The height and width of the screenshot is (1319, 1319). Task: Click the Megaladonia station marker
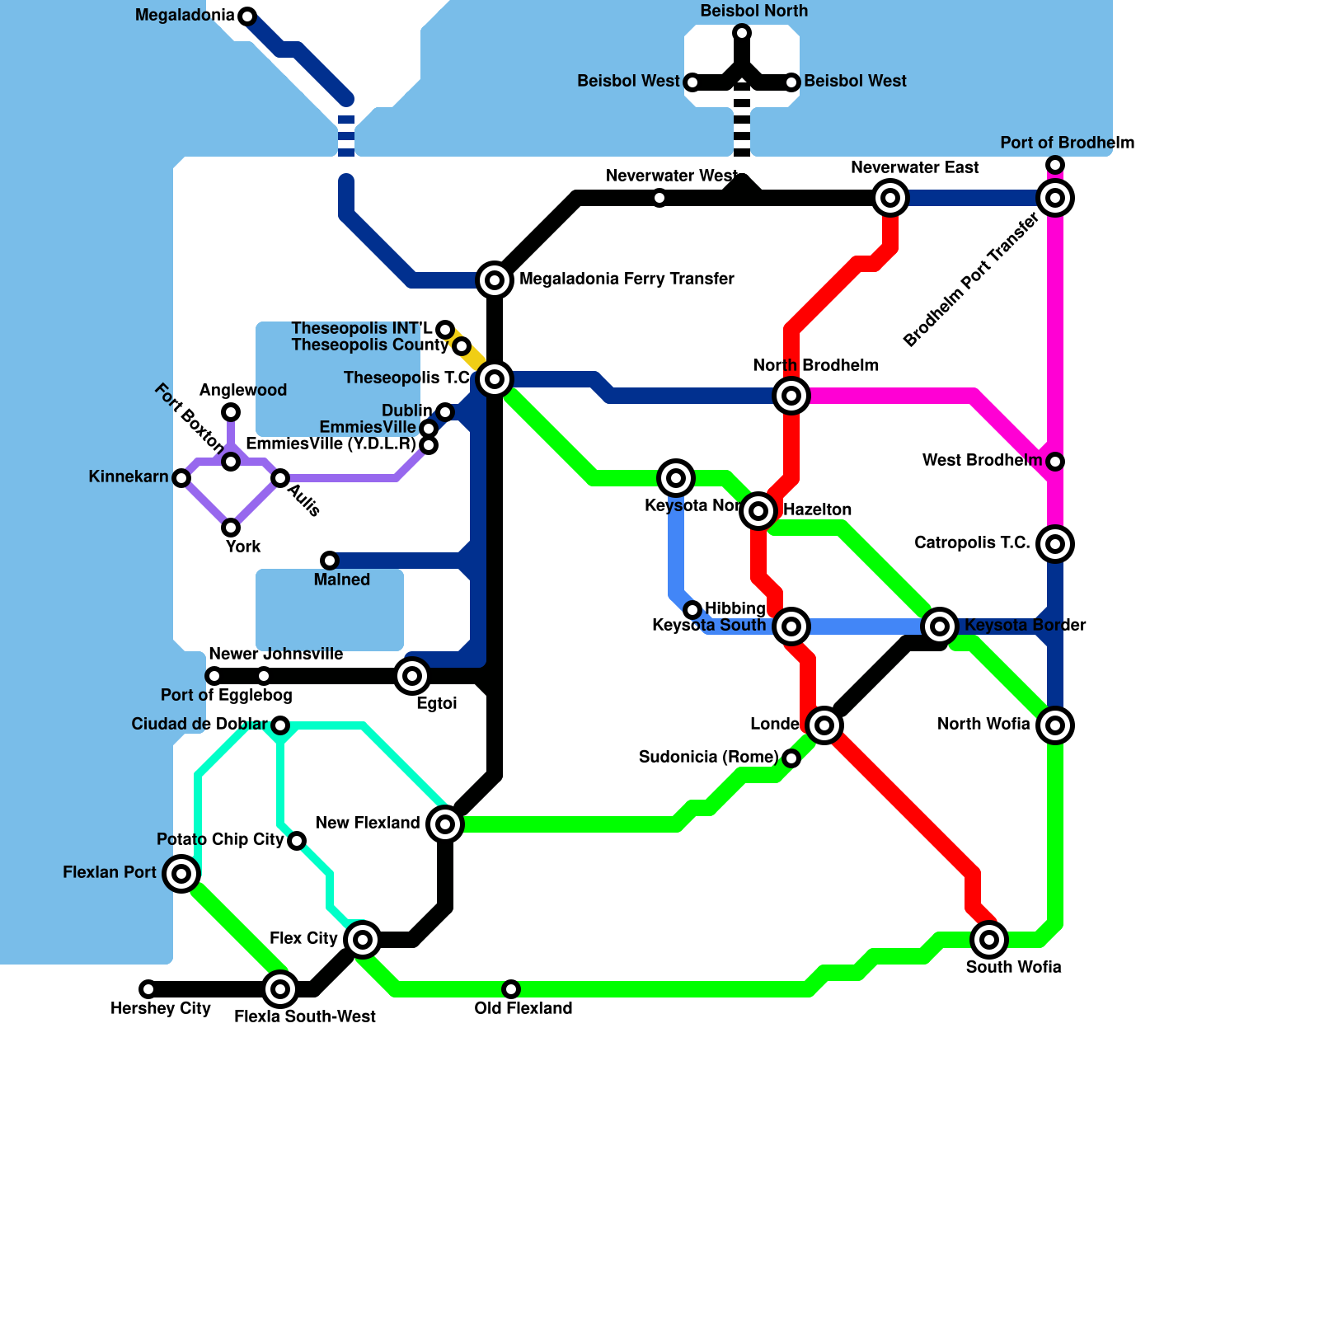[246, 16]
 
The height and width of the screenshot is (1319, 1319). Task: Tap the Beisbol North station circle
[742, 33]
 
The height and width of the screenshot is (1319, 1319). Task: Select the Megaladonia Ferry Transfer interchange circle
[495, 280]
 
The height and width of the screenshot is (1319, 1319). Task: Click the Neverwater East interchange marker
[890, 198]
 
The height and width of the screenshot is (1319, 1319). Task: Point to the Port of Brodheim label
[1067, 143]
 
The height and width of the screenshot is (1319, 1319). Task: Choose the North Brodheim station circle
[791, 396]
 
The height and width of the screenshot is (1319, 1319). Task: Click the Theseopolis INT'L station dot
[445, 330]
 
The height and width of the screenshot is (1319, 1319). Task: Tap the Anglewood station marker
[231, 412]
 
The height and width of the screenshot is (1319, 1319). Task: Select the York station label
[243, 547]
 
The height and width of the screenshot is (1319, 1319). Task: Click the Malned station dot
[330, 561]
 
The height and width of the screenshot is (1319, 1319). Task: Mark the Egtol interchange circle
[412, 676]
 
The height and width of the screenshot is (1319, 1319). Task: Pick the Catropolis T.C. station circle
[1055, 544]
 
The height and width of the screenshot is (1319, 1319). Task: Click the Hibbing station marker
[692, 610]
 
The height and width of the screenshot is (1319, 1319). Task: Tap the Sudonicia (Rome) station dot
[791, 758]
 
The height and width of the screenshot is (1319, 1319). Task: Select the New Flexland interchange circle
[445, 824]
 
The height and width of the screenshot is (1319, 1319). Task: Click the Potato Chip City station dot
[297, 841]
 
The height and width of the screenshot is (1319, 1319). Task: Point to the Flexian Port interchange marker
[181, 874]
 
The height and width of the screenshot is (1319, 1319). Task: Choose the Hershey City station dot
[148, 989]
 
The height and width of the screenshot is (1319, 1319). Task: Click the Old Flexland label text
[523, 1008]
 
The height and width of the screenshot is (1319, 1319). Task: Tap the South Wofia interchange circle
[989, 940]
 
